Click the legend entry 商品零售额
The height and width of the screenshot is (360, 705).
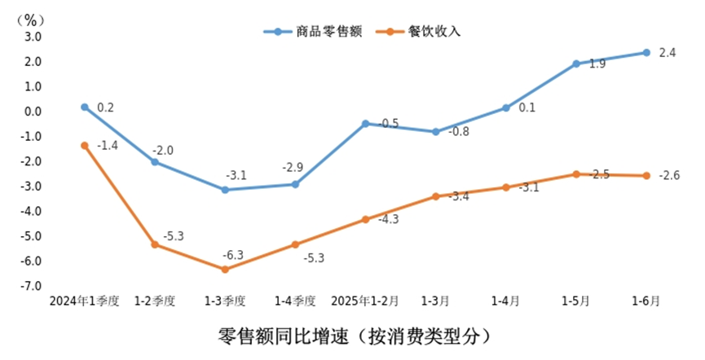click(330, 32)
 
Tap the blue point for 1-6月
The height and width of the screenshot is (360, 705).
click(646, 52)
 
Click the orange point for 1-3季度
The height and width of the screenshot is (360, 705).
click(225, 269)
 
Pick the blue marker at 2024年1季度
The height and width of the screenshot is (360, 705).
click(85, 107)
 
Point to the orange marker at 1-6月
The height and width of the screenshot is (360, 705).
click(646, 175)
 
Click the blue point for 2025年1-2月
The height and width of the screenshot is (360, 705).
click(365, 124)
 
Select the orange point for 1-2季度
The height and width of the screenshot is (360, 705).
click(155, 244)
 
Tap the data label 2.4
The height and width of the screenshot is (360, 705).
click(668, 53)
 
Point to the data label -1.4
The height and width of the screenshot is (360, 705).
click(108, 146)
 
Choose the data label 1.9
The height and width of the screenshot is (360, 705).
click(597, 64)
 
